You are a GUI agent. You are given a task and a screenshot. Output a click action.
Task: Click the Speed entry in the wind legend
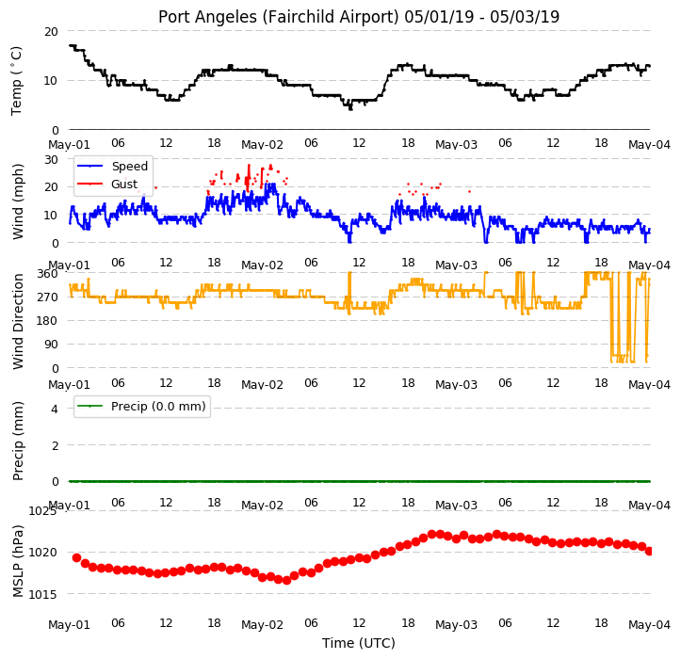point(129,167)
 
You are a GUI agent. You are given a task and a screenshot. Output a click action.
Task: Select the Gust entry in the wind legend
point(124,185)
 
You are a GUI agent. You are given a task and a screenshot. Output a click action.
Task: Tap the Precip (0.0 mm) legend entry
point(158,407)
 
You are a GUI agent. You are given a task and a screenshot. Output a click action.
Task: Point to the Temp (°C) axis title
point(17,81)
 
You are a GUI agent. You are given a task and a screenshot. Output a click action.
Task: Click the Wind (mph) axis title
point(17,201)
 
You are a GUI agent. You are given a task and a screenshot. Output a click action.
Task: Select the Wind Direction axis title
point(17,322)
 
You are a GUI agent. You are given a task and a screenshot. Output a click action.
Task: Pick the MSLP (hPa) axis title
point(17,561)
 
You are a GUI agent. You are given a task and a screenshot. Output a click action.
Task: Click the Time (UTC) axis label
point(359,643)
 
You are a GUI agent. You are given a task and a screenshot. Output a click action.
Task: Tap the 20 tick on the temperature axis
point(51,32)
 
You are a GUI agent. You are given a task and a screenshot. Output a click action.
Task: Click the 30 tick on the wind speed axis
point(51,160)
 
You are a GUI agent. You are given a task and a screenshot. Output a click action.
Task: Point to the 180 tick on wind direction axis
point(48,321)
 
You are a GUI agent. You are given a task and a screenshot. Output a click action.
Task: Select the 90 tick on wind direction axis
point(51,345)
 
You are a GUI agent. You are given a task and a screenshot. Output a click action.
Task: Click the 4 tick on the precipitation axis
point(55,409)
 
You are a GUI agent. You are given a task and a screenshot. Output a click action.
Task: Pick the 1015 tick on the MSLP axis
point(42,594)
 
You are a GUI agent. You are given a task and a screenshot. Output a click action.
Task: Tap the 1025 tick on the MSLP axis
point(42,511)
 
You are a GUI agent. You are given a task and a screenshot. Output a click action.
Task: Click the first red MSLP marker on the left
point(77,558)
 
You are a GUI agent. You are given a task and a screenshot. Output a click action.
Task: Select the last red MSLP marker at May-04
point(649,552)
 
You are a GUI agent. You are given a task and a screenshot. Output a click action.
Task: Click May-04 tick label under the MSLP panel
point(649,625)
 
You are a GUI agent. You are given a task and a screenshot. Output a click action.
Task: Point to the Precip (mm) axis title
point(17,442)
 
